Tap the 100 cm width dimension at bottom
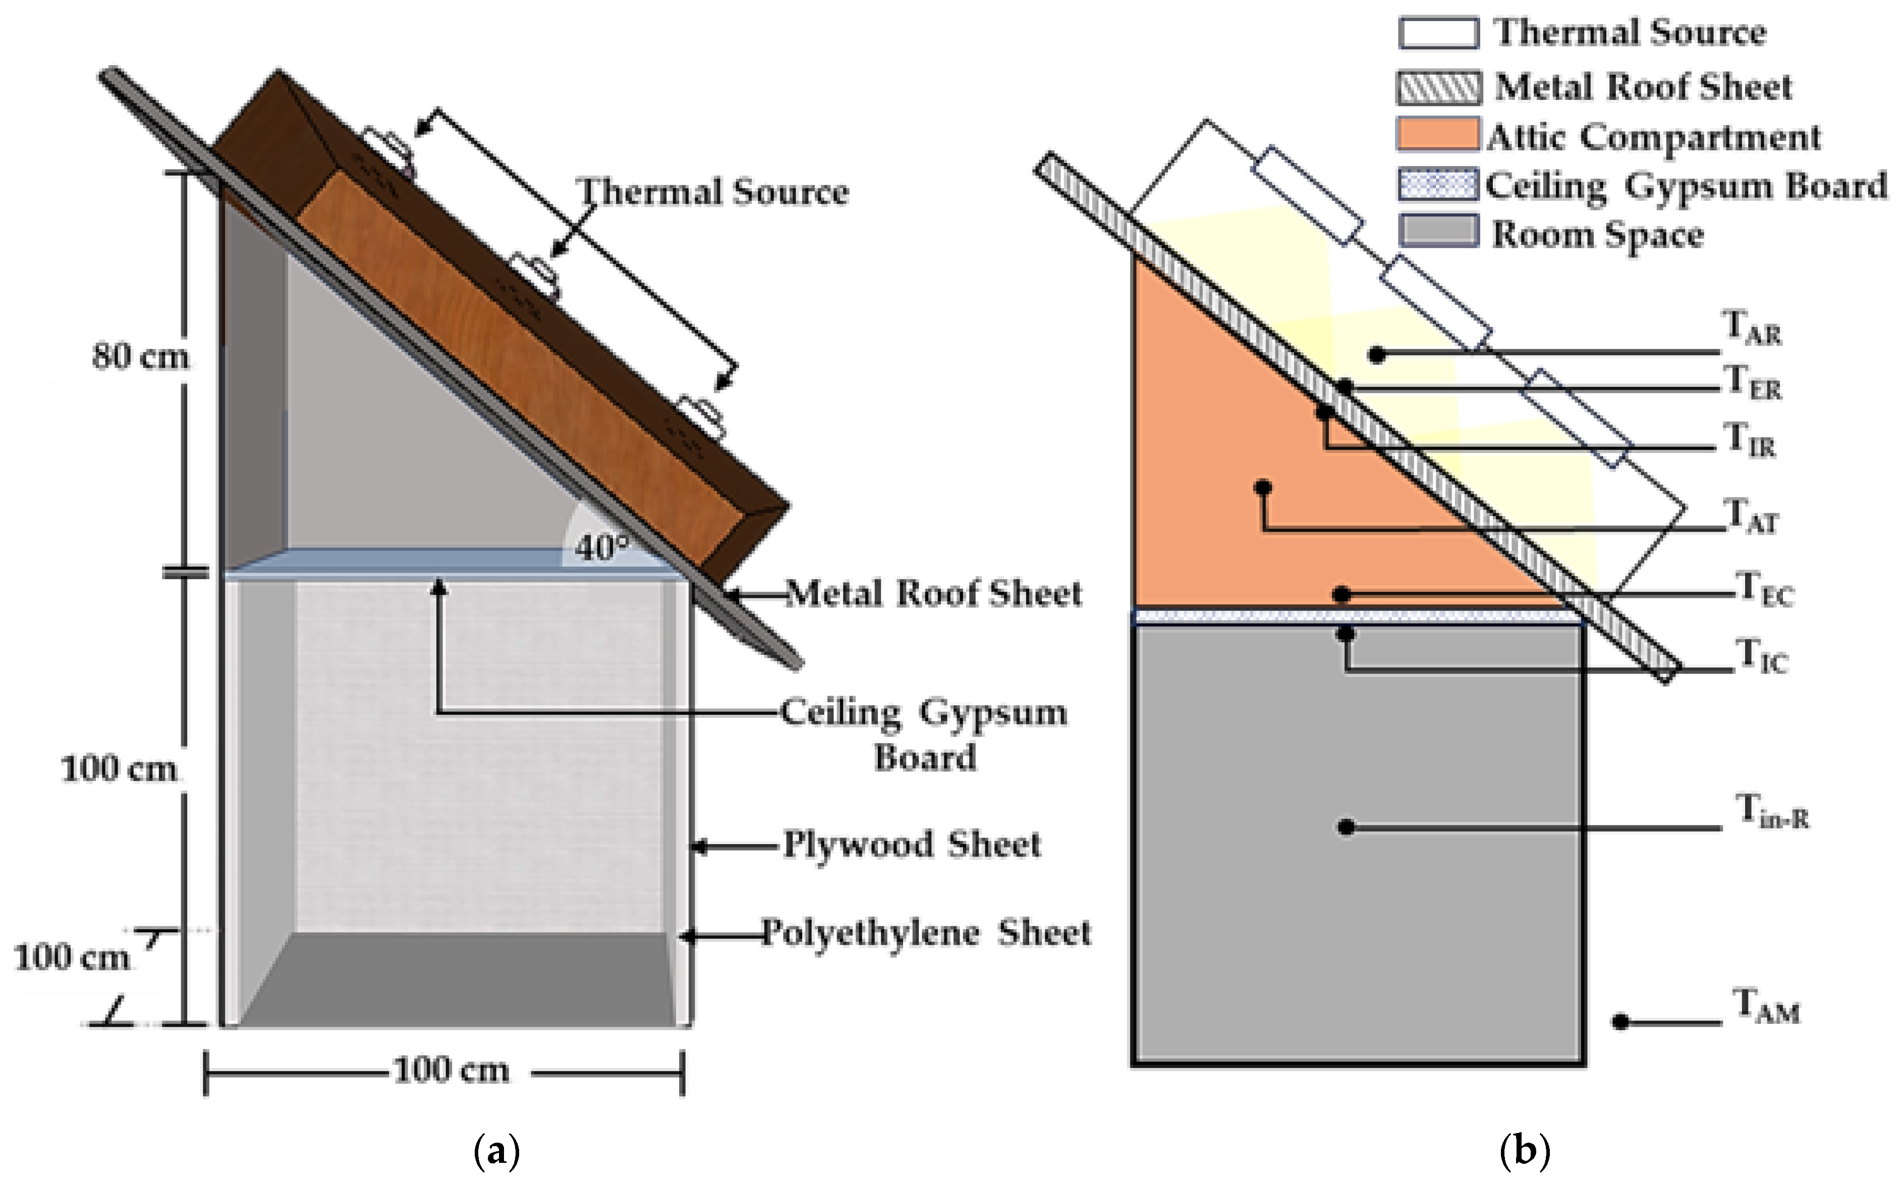(x=451, y=1070)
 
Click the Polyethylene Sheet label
(x=925, y=933)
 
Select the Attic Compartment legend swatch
(x=1437, y=134)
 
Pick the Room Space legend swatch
(x=1437, y=231)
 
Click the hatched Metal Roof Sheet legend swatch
(x=1437, y=87)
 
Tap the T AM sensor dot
(x=1620, y=1022)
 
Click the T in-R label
(x=1771, y=810)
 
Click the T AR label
(x=1751, y=328)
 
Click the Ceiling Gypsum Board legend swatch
(x=1437, y=184)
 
